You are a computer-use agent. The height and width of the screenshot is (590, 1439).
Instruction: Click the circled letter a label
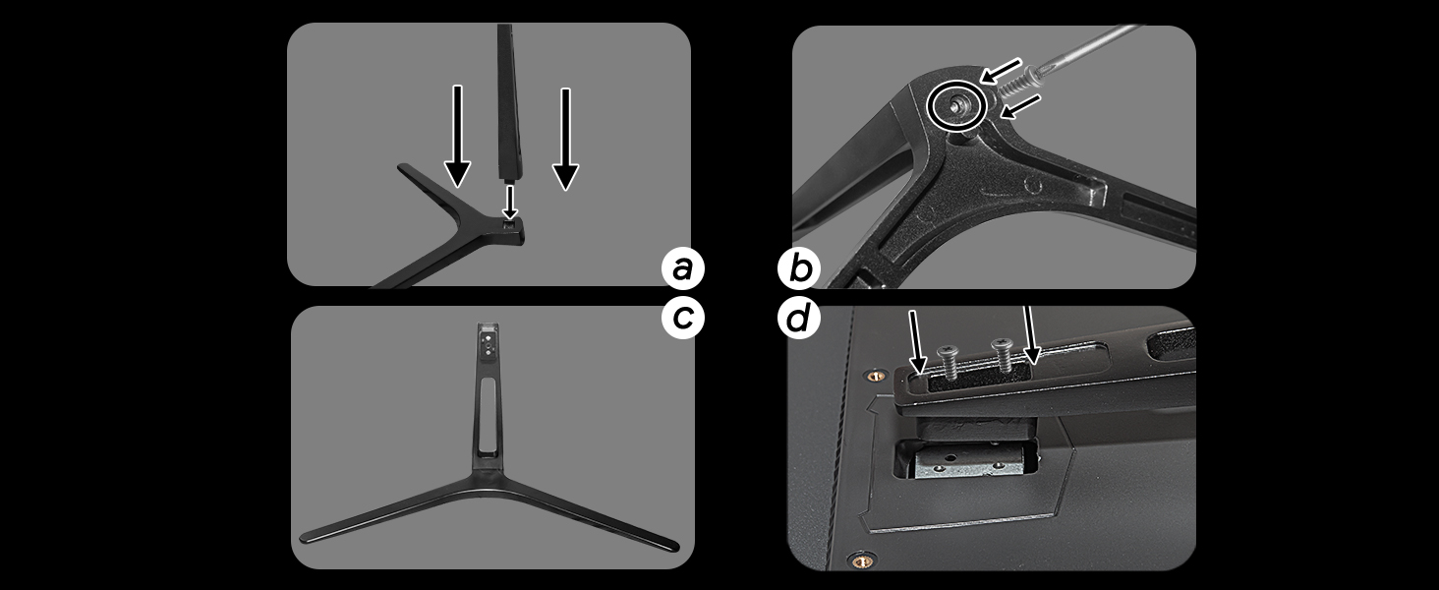click(x=683, y=268)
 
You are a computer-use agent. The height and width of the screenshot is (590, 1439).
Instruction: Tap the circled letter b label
click(x=798, y=268)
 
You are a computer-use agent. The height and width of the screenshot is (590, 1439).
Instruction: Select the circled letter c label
click(x=683, y=318)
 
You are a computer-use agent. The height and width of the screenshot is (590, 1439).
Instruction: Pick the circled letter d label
click(x=798, y=318)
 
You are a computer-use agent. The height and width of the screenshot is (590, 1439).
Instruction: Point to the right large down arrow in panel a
click(x=565, y=139)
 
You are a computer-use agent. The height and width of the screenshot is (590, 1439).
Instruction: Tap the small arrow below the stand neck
click(x=510, y=203)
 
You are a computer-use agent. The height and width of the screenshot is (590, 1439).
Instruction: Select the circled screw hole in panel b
click(x=956, y=105)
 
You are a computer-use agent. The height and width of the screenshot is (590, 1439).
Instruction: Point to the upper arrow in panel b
click(x=1000, y=71)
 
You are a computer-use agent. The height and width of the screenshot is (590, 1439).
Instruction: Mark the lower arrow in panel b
click(x=1020, y=106)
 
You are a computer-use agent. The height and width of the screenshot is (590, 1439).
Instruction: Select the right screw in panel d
click(x=1002, y=353)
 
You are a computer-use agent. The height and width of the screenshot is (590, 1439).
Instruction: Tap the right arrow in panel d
click(x=1030, y=335)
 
